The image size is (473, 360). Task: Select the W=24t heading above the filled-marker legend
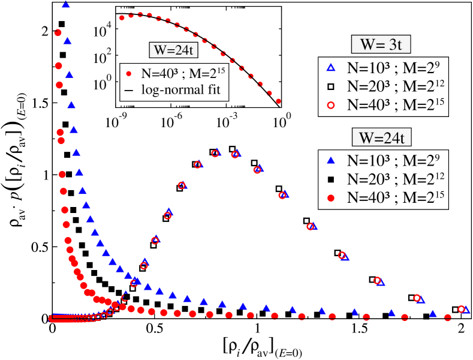382,137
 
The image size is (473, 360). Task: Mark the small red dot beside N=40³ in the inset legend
129,74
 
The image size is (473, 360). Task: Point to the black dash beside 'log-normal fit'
129,91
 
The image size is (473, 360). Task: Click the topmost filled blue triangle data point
65,5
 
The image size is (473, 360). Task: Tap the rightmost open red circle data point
462,309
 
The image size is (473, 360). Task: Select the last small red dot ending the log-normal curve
279,101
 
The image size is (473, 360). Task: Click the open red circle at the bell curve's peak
216,153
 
